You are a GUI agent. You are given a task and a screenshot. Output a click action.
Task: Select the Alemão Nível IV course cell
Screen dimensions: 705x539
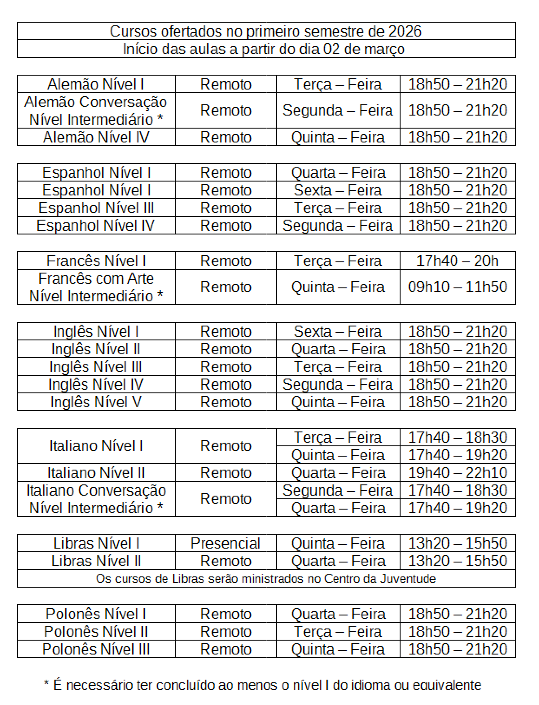tap(96, 137)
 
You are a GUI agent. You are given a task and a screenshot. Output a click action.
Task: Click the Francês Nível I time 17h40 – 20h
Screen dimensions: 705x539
tap(457, 261)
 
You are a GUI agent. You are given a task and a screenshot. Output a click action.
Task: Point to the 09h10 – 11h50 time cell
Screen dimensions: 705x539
tap(457, 287)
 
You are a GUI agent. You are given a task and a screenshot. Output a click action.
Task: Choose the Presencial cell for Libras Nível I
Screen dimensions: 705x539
tap(226, 543)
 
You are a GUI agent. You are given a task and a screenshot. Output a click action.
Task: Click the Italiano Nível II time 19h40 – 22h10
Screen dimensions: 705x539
tap(457, 472)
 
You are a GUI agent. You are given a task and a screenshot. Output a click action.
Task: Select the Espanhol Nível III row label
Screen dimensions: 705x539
tap(96, 208)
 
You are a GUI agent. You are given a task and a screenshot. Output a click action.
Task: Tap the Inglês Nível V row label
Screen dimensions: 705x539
tap(96, 402)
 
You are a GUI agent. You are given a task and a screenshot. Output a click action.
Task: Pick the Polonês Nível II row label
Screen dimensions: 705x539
tap(96, 631)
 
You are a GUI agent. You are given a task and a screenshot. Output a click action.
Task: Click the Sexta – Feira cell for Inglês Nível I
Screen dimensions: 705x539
tap(338, 331)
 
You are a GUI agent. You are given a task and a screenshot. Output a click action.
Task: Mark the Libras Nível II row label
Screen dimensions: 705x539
tap(96, 561)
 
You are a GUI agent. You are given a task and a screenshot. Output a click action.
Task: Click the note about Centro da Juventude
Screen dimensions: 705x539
tap(266, 578)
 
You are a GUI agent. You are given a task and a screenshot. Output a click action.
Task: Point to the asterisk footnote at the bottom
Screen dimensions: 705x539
tap(262, 685)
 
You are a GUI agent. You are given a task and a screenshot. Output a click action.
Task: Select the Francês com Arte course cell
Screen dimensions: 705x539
tap(96, 287)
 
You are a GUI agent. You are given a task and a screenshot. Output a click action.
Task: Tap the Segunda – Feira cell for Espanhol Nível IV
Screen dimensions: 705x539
tap(338, 226)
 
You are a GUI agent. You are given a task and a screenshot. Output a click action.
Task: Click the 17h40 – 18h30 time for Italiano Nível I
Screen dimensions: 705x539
tap(457, 437)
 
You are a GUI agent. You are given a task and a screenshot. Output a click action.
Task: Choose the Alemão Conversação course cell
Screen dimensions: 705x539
tap(96, 110)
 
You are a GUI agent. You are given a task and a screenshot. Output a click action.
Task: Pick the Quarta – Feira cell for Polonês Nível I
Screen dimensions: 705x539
tap(338, 614)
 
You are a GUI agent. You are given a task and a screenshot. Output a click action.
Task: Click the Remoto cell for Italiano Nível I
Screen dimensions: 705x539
tap(226, 445)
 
